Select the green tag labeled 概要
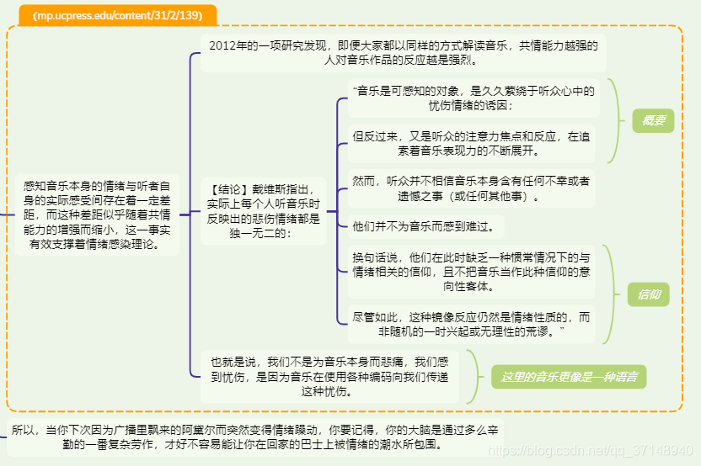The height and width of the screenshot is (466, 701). point(653,121)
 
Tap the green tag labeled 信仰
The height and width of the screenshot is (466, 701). point(648,294)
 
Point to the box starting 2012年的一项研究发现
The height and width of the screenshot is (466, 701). point(404,53)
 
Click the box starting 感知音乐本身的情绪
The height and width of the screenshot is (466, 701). point(97,214)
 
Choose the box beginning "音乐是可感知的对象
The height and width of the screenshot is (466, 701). point(473,98)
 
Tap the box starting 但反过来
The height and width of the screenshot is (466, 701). point(471,144)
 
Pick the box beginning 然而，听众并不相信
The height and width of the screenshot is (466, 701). point(471,188)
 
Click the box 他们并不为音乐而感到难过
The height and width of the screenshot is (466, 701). point(428,226)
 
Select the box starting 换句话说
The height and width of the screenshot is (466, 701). point(471,271)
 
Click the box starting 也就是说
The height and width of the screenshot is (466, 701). point(330,376)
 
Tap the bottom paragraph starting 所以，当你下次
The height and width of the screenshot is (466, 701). point(256,437)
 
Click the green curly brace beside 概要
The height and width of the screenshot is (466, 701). point(617,121)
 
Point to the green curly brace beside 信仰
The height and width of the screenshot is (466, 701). point(614,294)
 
